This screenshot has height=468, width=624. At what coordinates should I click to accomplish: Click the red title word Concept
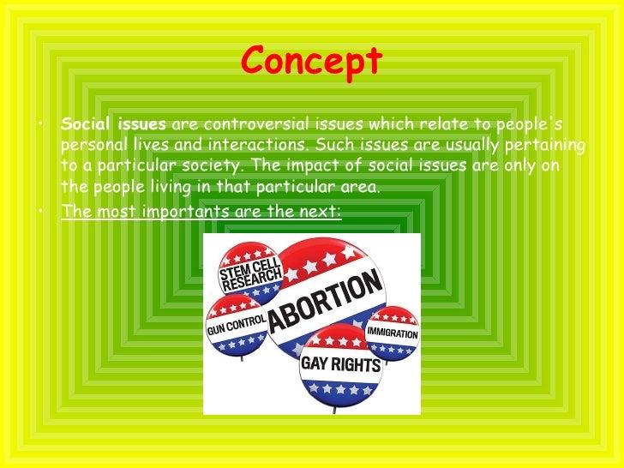click(x=312, y=61)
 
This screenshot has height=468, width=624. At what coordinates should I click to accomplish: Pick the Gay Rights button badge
click(x=331, y=363)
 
